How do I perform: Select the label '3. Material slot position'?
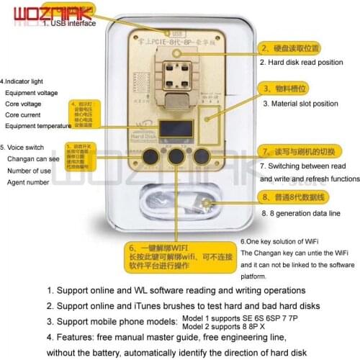tap(300, 104)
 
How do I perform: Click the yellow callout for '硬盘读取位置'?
tap(289, 47)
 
